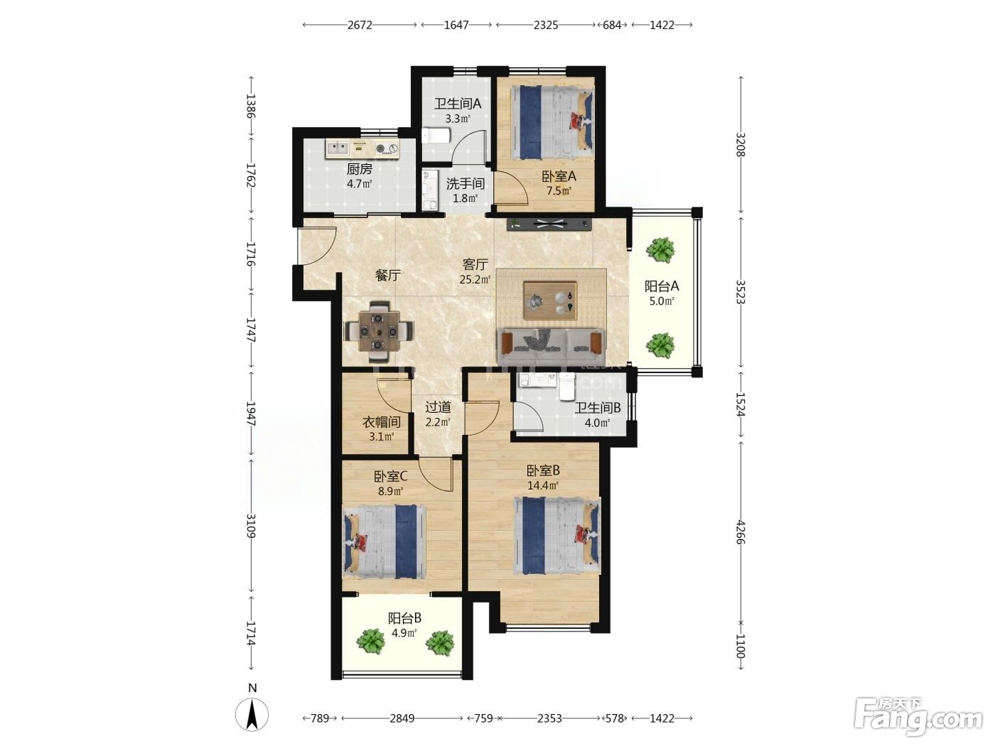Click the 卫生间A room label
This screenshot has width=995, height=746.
pos(458,104)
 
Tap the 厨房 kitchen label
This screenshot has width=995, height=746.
pos(360,169)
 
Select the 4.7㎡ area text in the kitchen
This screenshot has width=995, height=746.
pos(360,184)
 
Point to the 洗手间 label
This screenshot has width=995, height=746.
pos(466,183)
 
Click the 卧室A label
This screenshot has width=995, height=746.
pos(559,175)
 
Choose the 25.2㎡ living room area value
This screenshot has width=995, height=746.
pos(475,279)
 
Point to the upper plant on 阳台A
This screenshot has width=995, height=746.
pos(660,249)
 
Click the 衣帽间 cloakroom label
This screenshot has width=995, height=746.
pos(381,422)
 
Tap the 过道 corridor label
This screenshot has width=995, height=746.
pos(438,407)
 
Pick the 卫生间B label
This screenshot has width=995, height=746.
pos(598,408)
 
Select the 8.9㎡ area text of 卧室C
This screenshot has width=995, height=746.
pos(391,491)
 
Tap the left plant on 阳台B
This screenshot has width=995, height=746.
pos(371,641)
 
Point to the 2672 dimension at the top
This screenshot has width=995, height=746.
pos(360,25)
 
